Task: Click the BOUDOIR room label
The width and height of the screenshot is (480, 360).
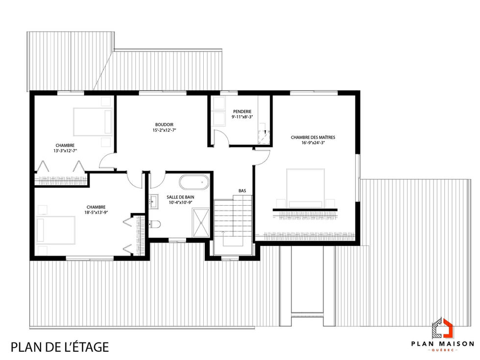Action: (164, 124)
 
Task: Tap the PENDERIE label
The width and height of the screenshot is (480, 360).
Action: (242, 112)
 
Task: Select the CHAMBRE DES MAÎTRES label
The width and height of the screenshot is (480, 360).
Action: (312, 138)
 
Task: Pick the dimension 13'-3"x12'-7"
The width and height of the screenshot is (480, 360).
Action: (65, 151)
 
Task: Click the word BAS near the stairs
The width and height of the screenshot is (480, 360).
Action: (242, 191)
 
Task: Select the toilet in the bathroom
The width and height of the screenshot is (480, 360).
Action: (155, 224)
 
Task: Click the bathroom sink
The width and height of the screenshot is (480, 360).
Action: (153, 200)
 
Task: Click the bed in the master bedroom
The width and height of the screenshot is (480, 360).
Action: (306, 188)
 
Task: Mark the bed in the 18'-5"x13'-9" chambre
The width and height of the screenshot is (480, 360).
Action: (56, 231)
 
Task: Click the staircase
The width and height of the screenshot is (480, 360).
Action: (233, 220)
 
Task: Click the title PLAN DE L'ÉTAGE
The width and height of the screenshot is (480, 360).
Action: (59, 347)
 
